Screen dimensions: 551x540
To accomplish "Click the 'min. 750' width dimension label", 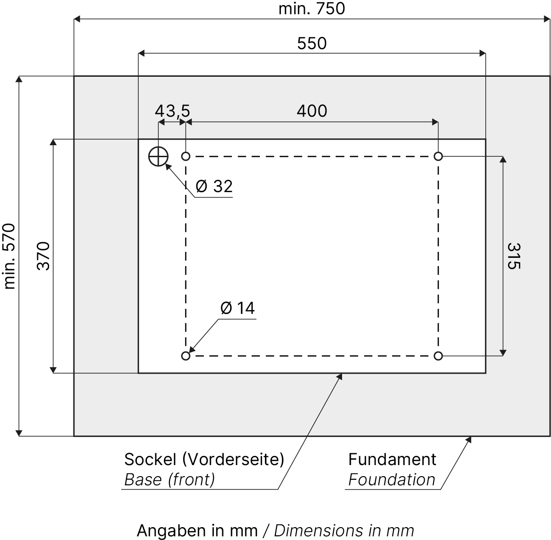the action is click(x=311, y=8).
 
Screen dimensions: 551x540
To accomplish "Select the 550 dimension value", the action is click(x=312, y=43).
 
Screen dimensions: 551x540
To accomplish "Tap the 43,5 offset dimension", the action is click(x=172, y=111).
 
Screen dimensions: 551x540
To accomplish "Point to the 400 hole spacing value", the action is click(x=312, y=111).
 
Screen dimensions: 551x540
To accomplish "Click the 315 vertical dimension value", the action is click(x=514, y=256).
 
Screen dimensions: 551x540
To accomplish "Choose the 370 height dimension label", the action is click(x=43, y=256).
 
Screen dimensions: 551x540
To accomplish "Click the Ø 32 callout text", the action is click(x=214, y=186).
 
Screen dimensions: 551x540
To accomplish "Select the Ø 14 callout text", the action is click(x=237, y=308).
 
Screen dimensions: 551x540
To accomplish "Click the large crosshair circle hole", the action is click(x=158, y=157).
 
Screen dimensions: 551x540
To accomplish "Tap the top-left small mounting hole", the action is click(x=186, y=157).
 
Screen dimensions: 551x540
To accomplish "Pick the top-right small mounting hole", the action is click(x=438, y=157).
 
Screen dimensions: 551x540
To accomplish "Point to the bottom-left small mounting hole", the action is click(x=186, y=356).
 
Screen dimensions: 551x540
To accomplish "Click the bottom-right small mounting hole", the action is click(x=438, y=356).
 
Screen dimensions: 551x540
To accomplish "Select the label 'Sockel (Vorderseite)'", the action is click(x=204, y=459).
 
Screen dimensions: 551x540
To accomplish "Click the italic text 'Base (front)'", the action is click(x=169, y=479).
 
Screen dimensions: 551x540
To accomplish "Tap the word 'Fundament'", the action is click(x=392, y=459).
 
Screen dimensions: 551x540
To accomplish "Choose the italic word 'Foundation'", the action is click(x=392, y=479).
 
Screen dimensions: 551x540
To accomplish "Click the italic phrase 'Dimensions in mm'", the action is click(x=344, y=530).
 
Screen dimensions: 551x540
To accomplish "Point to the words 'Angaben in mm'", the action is click(x=197, y=530).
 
